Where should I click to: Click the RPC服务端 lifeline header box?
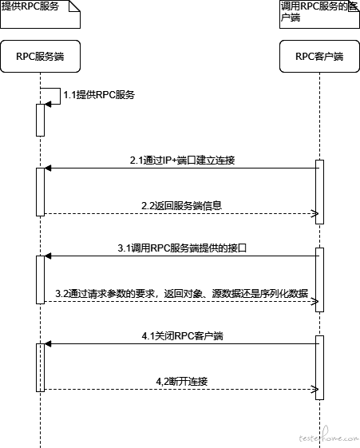[x=40, y=56]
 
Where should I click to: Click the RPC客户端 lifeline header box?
[x=319, y=56]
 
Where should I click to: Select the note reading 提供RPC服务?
[x=40, y=14]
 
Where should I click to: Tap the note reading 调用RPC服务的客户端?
[x=319, y=14]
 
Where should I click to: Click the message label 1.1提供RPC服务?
[x=99, y=95]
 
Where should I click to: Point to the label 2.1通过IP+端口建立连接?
[x=183, y=160]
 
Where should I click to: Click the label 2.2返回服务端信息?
[x=181, y=206]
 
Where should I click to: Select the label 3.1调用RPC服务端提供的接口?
[x=182, y=248]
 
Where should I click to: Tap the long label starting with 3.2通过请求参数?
[x=181, y=293]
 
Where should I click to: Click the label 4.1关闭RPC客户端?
[x=183, y=335]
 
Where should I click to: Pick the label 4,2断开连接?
[x=181, y=382]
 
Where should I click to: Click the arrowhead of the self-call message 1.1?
[x=48, y=105]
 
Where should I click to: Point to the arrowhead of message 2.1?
[x=48, y=168]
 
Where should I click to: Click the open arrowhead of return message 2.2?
[x=315, y=214]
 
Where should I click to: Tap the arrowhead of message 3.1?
[x=48, y=256]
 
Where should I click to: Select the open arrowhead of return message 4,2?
[x=315, y=389]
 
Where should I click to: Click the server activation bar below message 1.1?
[x=40, y=120]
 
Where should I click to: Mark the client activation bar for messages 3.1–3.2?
[x=319, y=280]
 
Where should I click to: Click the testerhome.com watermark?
[x=329, y=437]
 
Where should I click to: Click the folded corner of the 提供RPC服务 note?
[x=74, y=6]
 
